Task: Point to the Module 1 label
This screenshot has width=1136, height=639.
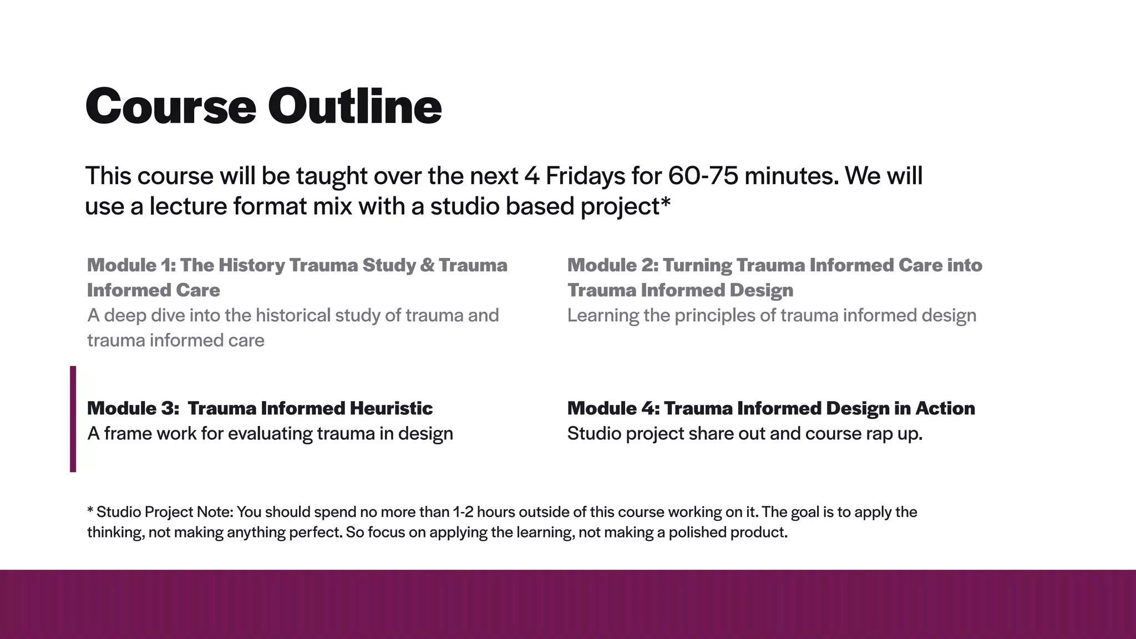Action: [131, 265]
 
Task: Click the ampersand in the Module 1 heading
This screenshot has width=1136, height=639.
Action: [427, 265]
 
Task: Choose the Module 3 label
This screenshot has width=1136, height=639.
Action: [133, 408]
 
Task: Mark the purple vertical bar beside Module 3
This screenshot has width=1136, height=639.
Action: [73, 419]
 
